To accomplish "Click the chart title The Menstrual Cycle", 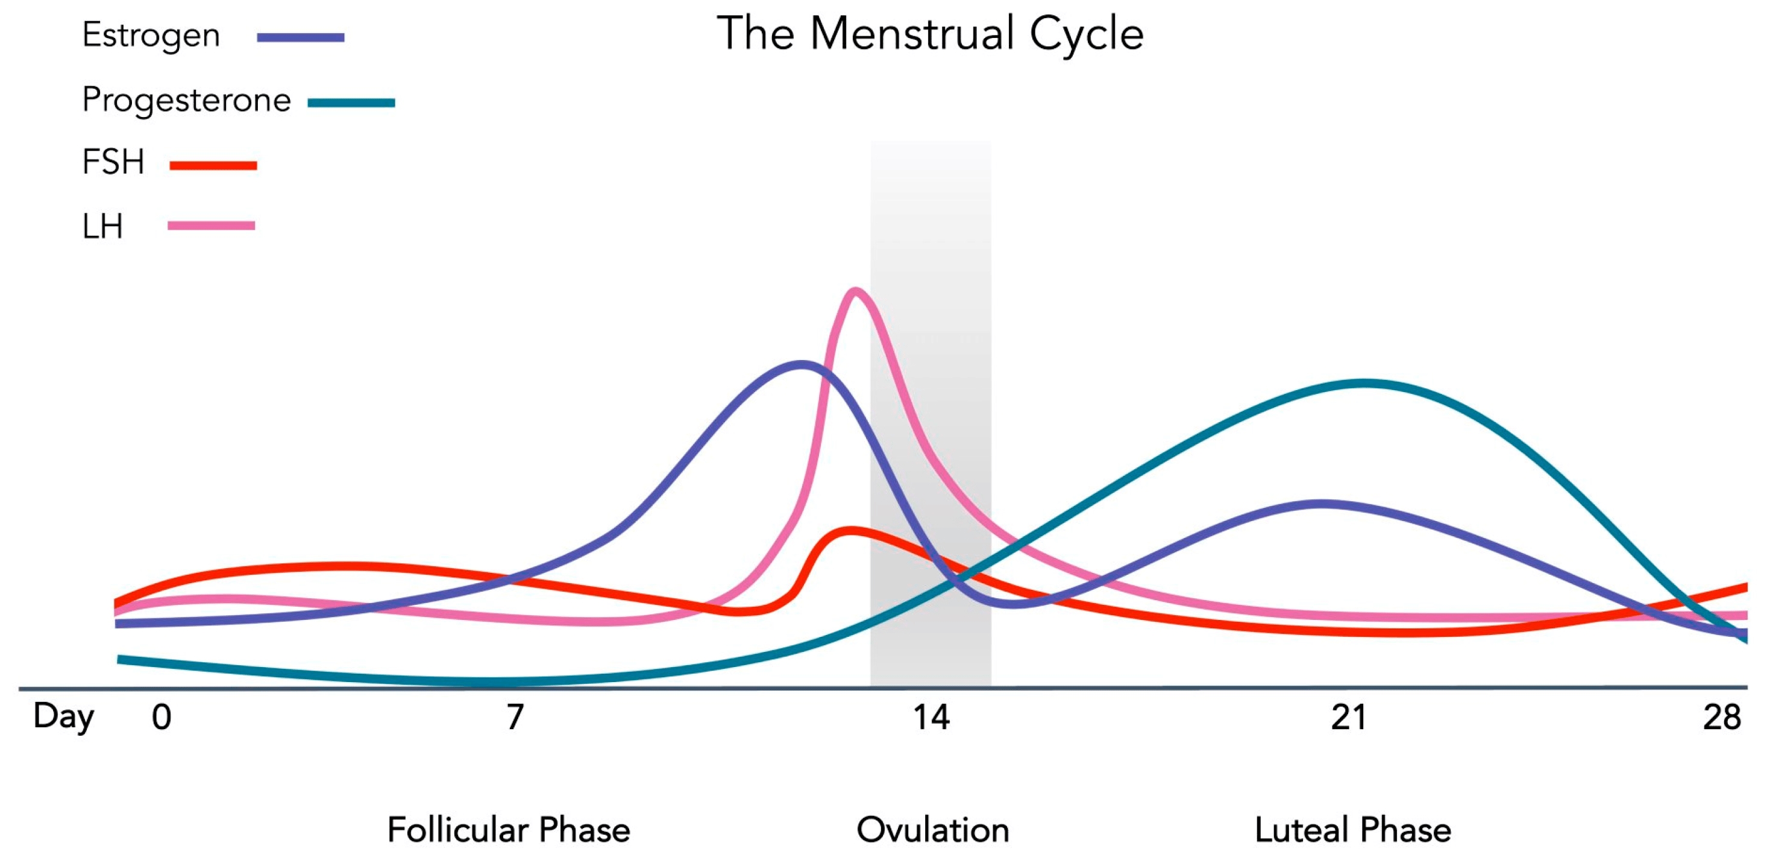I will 930,34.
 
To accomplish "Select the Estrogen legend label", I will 151,36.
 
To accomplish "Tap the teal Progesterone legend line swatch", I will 351,103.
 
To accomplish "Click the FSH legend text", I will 113,163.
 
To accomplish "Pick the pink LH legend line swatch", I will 212,226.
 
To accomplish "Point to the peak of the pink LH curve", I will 855,291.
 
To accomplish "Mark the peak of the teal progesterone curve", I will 1365,383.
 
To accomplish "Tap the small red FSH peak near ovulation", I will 850,530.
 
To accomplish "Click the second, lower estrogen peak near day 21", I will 1320,504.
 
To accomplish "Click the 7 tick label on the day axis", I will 515,717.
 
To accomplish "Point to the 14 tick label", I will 931,717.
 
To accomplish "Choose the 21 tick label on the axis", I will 1349,717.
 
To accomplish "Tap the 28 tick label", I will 1722,717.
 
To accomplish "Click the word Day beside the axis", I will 64,717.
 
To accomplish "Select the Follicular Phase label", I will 508,830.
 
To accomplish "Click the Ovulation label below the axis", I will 933,830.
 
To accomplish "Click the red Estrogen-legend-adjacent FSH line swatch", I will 213,165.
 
